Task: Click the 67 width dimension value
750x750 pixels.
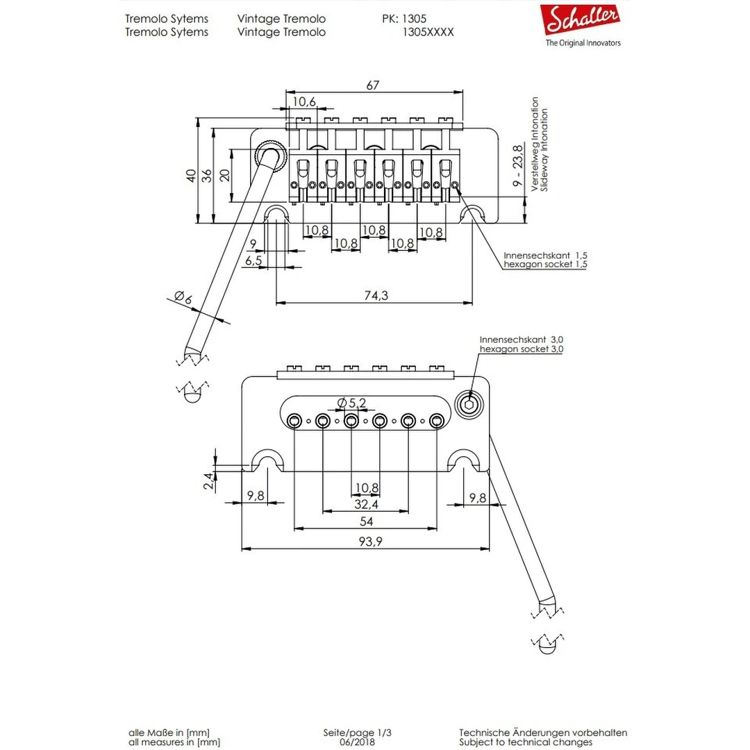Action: (374, 85)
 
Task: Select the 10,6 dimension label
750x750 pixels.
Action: (303, 102)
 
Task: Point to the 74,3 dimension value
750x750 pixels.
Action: (375, 295)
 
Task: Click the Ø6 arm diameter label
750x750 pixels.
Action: (183, 298)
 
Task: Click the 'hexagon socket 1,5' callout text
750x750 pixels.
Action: (545, 265)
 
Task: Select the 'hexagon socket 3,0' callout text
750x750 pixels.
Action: (521, 349)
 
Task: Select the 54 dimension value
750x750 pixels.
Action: (365, 522)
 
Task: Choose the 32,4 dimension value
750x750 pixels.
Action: (365, 503)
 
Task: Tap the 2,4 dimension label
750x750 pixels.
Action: (208, 481)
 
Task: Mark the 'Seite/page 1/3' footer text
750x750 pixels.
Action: (362, 732)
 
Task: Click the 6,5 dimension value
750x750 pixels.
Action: (253, 260)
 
